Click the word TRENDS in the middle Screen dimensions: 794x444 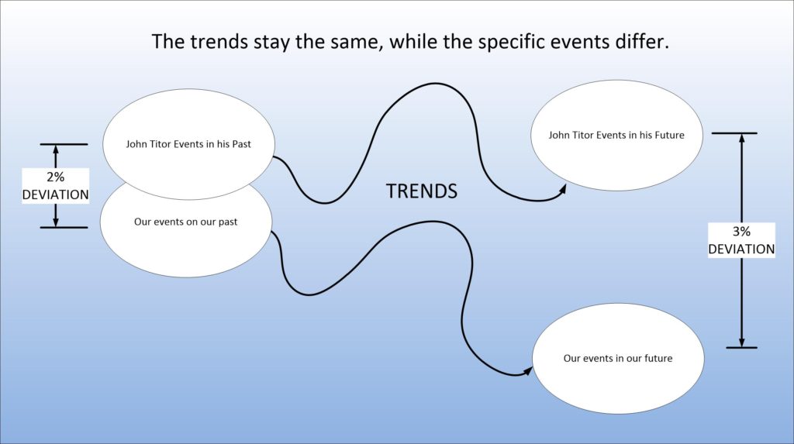click(x=422, y=191)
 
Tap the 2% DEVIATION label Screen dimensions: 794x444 click(x=55, y=186)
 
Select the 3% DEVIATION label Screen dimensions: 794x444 click(x=741, y=240)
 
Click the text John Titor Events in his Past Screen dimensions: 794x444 click(x=188, y=144)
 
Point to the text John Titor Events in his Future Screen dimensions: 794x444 click(x=616, y=135)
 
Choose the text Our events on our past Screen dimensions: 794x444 click(x=186, y=222)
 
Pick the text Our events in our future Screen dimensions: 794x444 click(x=618, y=359)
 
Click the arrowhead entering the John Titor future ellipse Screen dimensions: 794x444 click(x=562, y=189)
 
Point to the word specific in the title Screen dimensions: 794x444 click(x=511, y=43)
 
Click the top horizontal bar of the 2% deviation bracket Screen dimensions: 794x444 click(x=64, y=144)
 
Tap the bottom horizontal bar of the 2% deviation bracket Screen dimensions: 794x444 click(x=64, y=228)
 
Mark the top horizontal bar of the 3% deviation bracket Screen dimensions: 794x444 click(x=734, y=133)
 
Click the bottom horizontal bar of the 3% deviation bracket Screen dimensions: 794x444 click(x=741, y=348)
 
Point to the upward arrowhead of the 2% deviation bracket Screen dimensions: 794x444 click(x=56, y=150)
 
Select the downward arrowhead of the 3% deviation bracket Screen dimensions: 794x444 click(x=741, y=342)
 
